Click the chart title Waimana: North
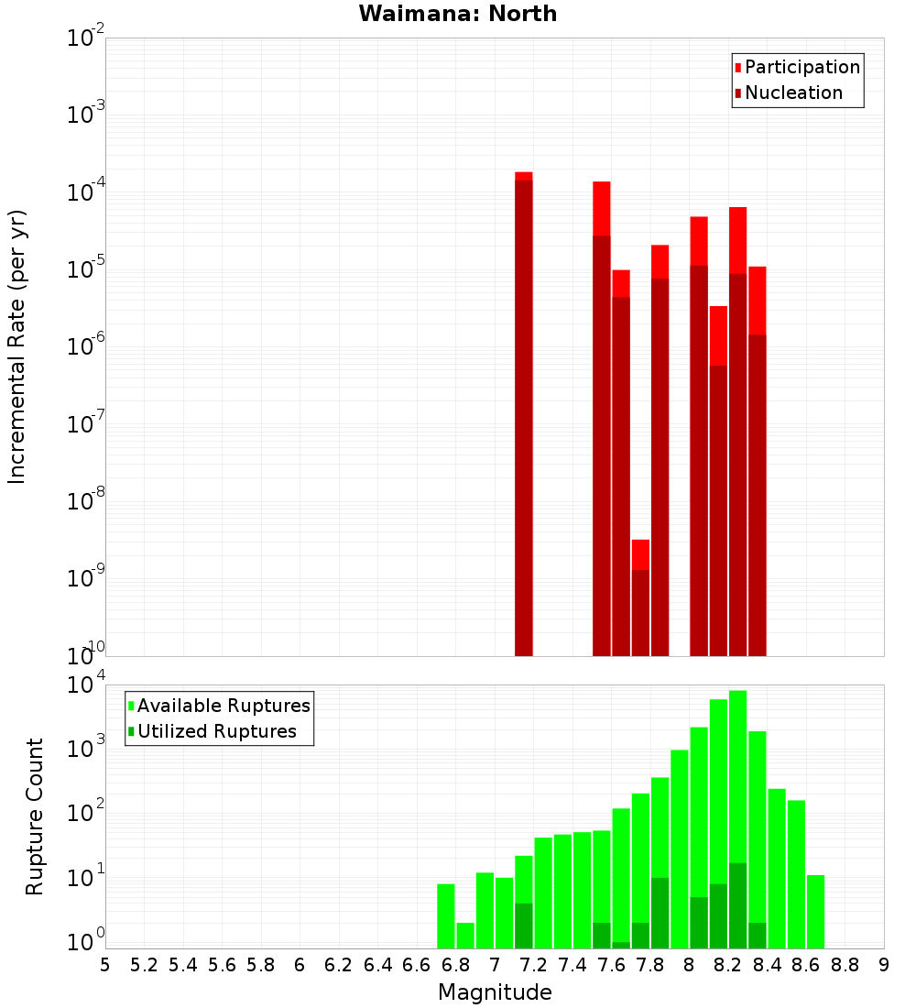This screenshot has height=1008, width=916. (x=458, y=14)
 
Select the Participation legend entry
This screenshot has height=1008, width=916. (x=802, y=68)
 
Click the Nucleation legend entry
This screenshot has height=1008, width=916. (x=793, y=93)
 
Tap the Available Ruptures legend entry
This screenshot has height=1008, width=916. (x=224, y=707)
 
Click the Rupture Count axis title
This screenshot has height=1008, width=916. (x=35, y=816)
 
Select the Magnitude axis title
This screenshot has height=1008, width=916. (x=495, y=992)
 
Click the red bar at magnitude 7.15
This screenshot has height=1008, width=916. (x=524, y=412)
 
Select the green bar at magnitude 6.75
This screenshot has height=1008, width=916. (x=446, y=916)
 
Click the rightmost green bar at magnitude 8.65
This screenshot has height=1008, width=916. (x=815, y=912)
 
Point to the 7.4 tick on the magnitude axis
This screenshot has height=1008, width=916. (x=572, y=965)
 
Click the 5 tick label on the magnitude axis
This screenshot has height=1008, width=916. (x=105, y=965)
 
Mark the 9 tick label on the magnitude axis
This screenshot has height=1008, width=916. (x=884, y=965)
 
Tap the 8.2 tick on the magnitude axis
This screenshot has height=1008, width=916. (x=728, y=965)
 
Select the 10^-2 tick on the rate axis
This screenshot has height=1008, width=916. (x=86, y=38)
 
